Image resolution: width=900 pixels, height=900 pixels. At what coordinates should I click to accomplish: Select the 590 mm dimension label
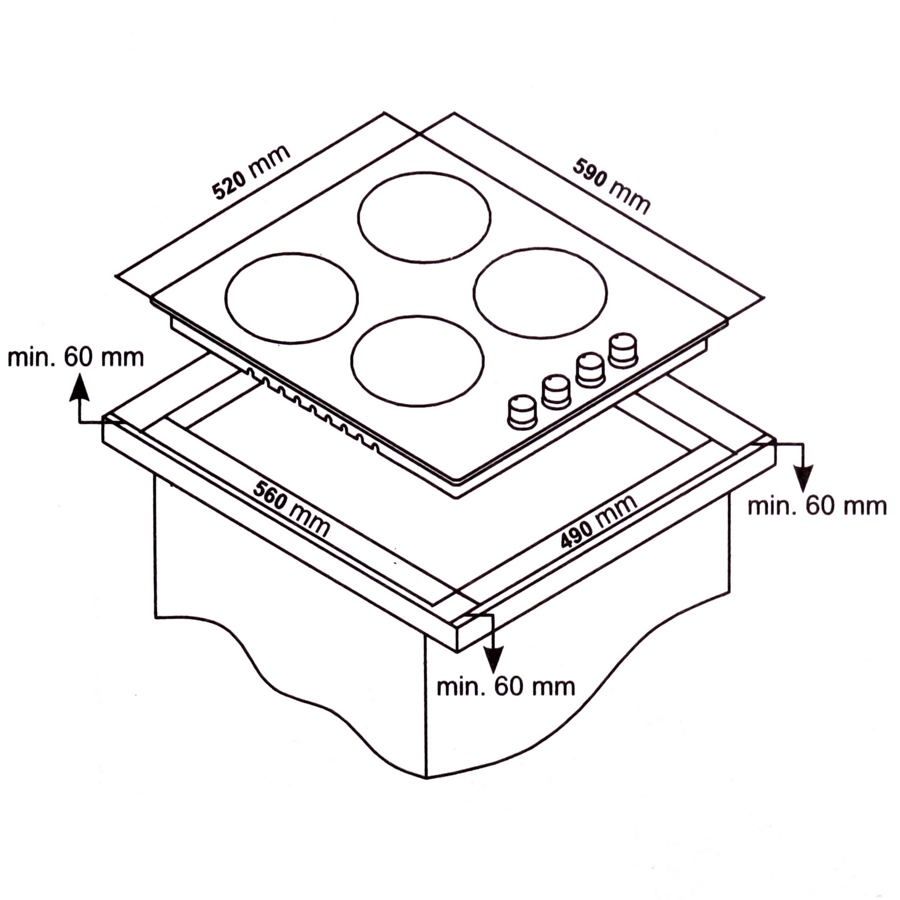click(x=611, y=186)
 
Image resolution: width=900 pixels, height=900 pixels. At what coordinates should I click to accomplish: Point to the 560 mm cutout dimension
click(x=291, y=509)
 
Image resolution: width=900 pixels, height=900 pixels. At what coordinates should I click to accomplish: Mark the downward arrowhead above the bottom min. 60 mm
click(x=493, y=660)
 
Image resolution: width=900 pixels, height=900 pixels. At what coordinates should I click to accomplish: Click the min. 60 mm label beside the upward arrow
click(x=76, y=358)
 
